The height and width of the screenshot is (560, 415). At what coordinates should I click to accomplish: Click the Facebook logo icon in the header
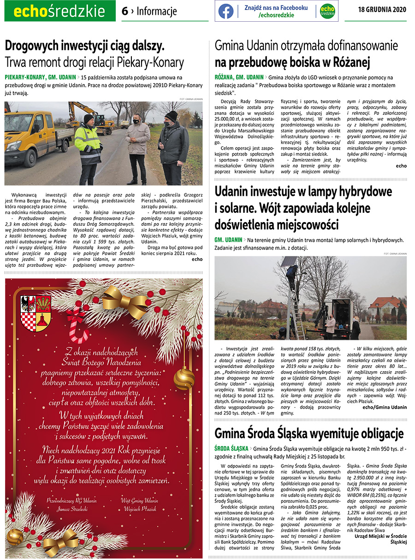pos(226,11)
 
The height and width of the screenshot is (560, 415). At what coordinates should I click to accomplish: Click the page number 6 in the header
pos(125,11)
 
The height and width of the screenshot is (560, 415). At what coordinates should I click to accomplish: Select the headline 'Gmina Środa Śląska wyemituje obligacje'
pos(309,434)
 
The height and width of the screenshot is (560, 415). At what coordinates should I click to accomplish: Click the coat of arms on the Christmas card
pos(36,313)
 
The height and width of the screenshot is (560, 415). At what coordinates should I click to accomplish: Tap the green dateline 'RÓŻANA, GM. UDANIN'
pos(239,77)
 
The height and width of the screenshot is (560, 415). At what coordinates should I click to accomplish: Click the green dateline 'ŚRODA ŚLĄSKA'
pos(231,448)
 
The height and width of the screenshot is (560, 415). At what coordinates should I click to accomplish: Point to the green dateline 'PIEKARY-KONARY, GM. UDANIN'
pos(40,77)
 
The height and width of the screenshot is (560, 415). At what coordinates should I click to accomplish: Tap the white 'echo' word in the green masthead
pos(30,12)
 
